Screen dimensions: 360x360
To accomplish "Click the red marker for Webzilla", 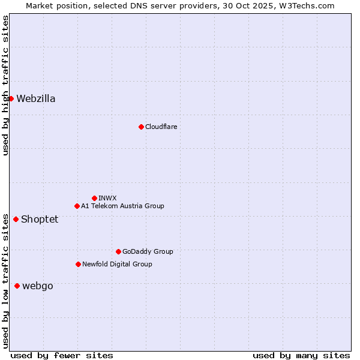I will (x=11, y=98).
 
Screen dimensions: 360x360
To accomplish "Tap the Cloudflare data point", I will (x=141, y=127).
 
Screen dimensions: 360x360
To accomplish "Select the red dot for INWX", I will (x=94, y=198).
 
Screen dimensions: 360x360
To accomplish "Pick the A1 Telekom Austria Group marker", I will (x=77, y=206).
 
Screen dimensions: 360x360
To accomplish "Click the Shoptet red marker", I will (x=16, y=219).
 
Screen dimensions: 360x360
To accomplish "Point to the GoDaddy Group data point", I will (x=118, y=251).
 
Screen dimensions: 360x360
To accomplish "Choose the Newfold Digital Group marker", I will (x=78, y=264).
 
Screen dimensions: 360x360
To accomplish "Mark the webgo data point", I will (x=17, y=286).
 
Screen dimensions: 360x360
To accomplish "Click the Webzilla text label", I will (x=36, y=99).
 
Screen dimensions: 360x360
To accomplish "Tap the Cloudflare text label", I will (x=161, y=127).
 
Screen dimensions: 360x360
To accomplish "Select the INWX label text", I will (x=107, y=198).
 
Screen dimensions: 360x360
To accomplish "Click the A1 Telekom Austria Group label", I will (x=122, y=206).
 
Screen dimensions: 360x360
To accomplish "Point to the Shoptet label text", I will (x=40, y=220).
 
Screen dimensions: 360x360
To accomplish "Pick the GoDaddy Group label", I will (x=148, y=251).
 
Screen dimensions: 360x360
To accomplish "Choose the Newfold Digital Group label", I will (x=117, y=264).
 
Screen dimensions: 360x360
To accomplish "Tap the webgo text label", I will (x=37, y=286).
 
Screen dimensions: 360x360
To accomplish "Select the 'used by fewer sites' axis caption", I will (x=62, y=355).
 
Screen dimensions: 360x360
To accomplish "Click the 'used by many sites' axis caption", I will (x=301, y=355).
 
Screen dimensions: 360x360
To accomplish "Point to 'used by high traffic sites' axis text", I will (x=5, y=85).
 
